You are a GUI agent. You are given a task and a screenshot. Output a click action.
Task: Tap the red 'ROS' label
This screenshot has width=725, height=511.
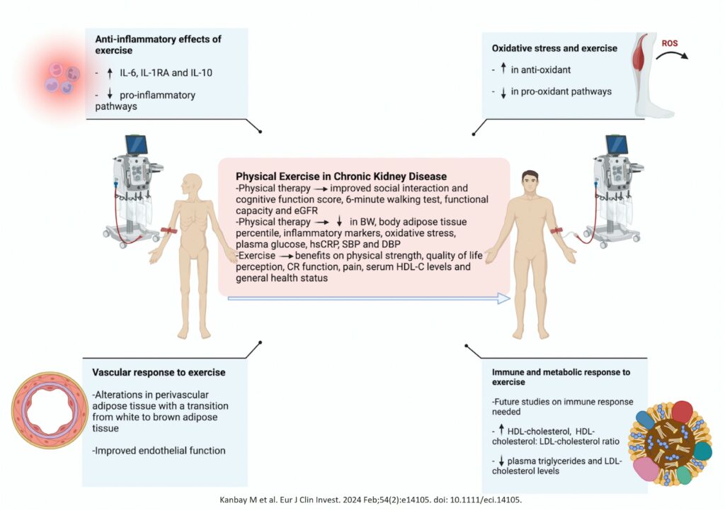[669, 44]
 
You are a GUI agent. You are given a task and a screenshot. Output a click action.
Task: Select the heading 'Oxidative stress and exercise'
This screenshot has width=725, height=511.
[554, 48]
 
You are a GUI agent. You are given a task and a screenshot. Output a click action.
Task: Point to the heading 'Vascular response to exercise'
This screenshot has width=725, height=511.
[159, 372]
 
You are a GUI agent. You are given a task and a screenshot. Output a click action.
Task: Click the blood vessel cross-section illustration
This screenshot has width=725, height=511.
[48, 410]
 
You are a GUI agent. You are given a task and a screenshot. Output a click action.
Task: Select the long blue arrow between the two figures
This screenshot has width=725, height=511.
[369, 298]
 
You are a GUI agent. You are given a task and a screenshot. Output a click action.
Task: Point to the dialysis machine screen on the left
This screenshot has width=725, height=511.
[137, 145]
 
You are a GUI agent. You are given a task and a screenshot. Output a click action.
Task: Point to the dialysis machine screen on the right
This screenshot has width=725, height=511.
[617, 145]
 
